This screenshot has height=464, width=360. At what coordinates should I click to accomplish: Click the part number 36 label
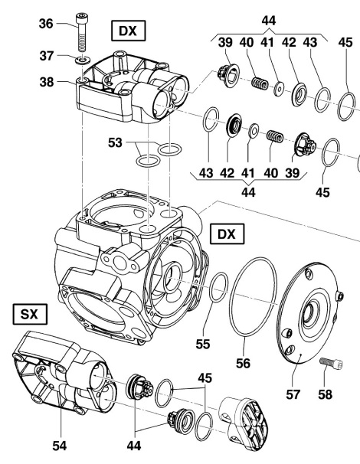46,24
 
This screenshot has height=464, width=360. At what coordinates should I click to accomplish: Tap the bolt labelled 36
81,32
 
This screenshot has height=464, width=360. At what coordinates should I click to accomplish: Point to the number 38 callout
47,82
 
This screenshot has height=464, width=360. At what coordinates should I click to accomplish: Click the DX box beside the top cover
128,31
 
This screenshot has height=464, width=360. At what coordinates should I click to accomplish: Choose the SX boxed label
30,314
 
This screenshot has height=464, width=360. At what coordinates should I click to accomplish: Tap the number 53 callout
115,142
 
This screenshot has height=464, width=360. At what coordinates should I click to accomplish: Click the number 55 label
203,344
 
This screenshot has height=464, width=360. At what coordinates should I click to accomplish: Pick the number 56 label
243,363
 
